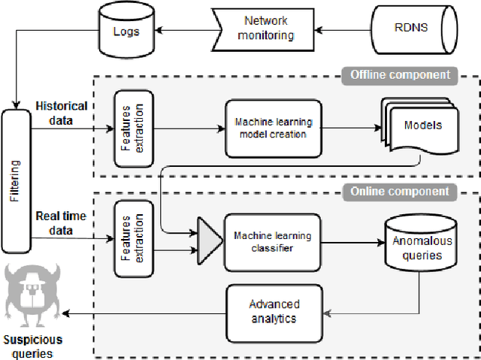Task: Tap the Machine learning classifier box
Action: (x=268, y=242)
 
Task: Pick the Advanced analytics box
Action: (x=274, y=311)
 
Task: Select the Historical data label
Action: (x=61, y=112)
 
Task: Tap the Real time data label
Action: (x=61, y=222)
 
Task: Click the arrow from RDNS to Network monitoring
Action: (x=343, y=31)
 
